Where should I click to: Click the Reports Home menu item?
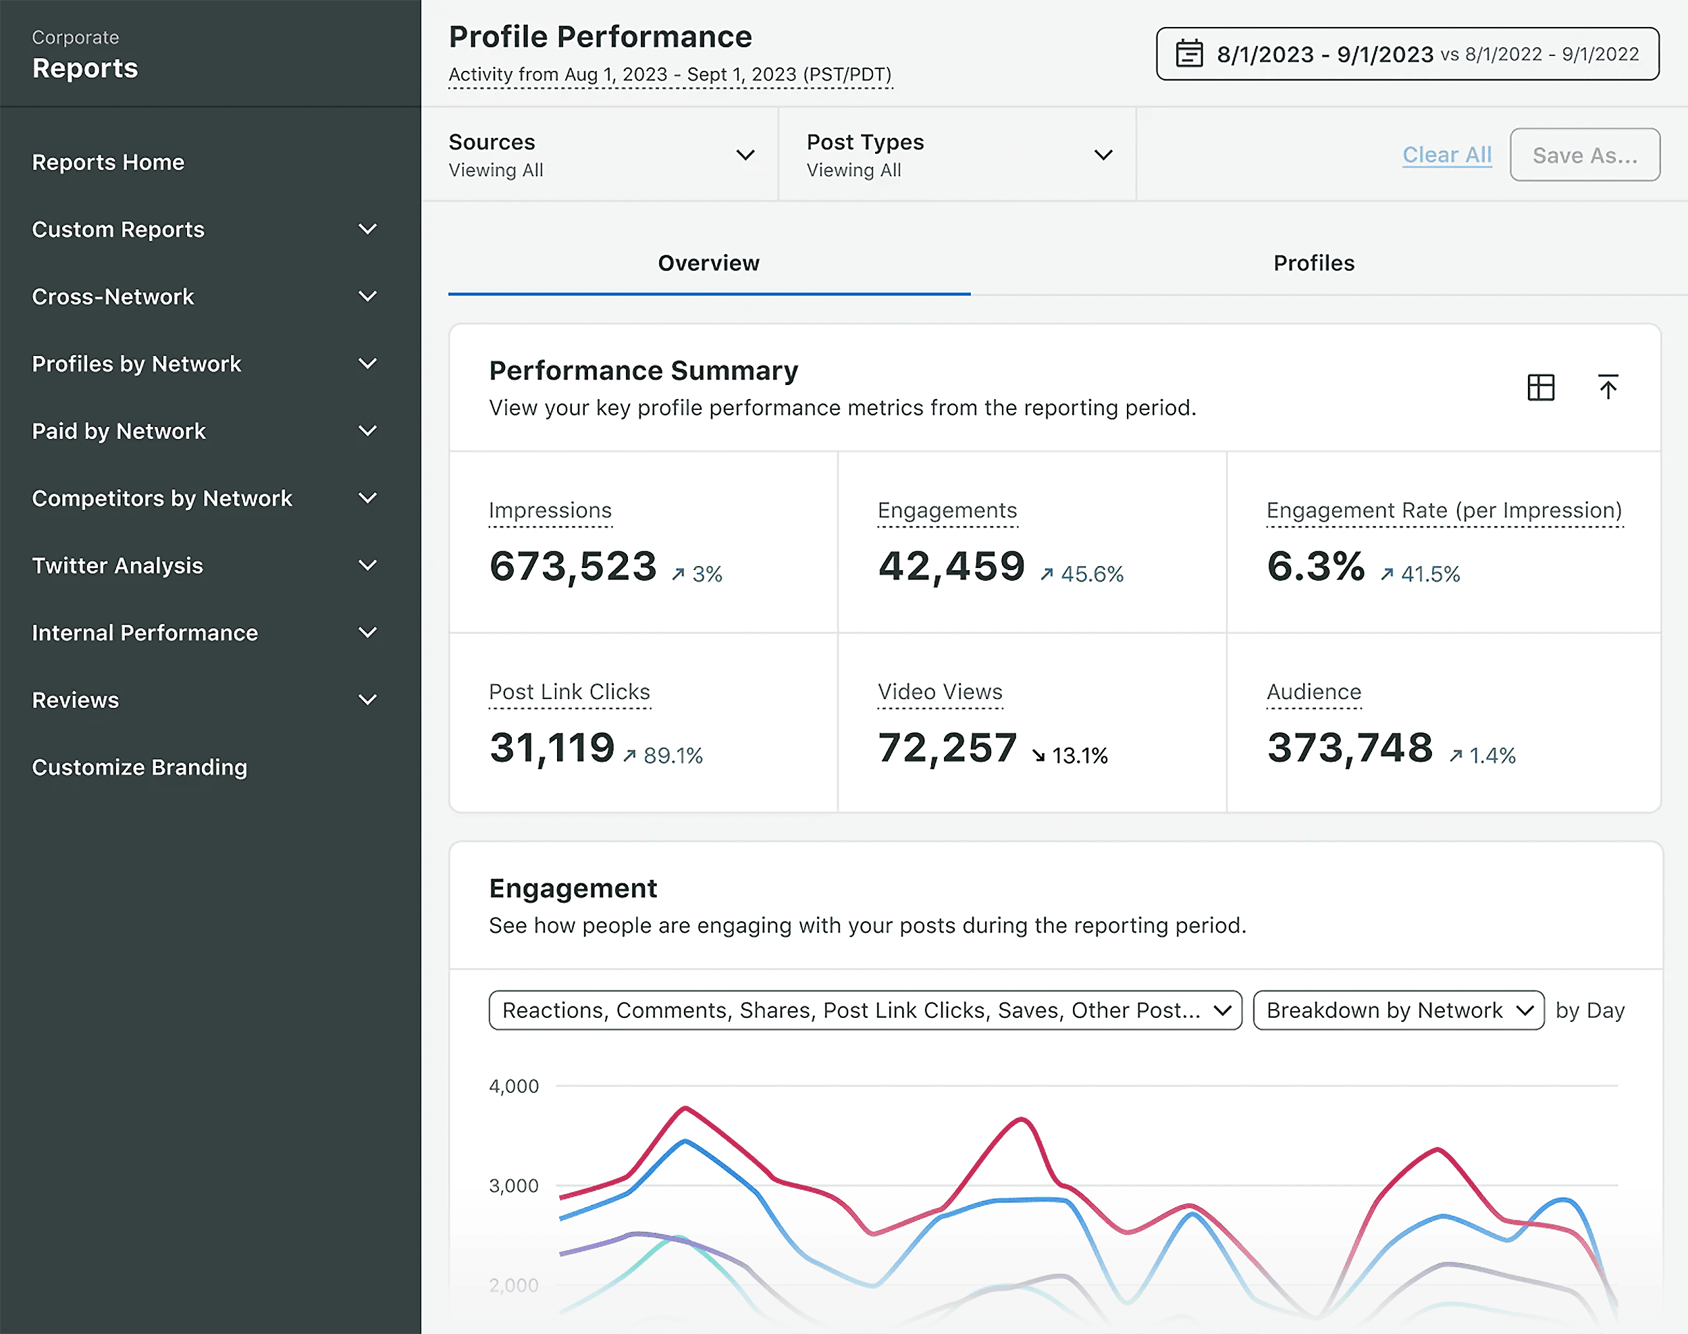[108, 163]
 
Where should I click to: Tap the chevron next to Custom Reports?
[367, 230]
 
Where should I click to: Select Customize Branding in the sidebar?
[139, 767]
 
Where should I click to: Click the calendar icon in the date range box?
[1188, 54]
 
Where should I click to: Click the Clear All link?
[1446, 155]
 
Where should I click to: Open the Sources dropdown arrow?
[745, 155]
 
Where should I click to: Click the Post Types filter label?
[864, 142]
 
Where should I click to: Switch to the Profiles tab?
[1313, 263]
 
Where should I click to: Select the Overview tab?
[708, 263]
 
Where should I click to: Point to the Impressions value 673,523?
[573, 566]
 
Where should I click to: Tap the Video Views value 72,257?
[946, 748]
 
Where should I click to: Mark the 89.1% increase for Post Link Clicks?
[672, 755]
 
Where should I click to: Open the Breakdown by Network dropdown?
[1398, 1010]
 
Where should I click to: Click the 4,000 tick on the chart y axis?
[513, 1086]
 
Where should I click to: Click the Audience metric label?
[1313, 692]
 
